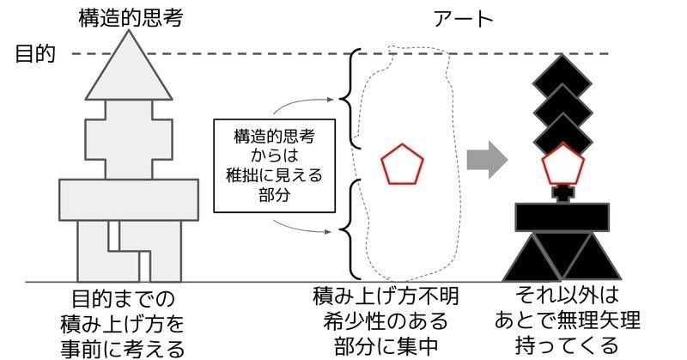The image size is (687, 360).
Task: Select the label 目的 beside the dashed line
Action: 35,55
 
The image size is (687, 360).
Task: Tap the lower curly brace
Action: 348,228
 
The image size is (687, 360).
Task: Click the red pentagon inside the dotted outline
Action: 403,164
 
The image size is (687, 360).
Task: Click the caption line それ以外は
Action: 562,299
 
